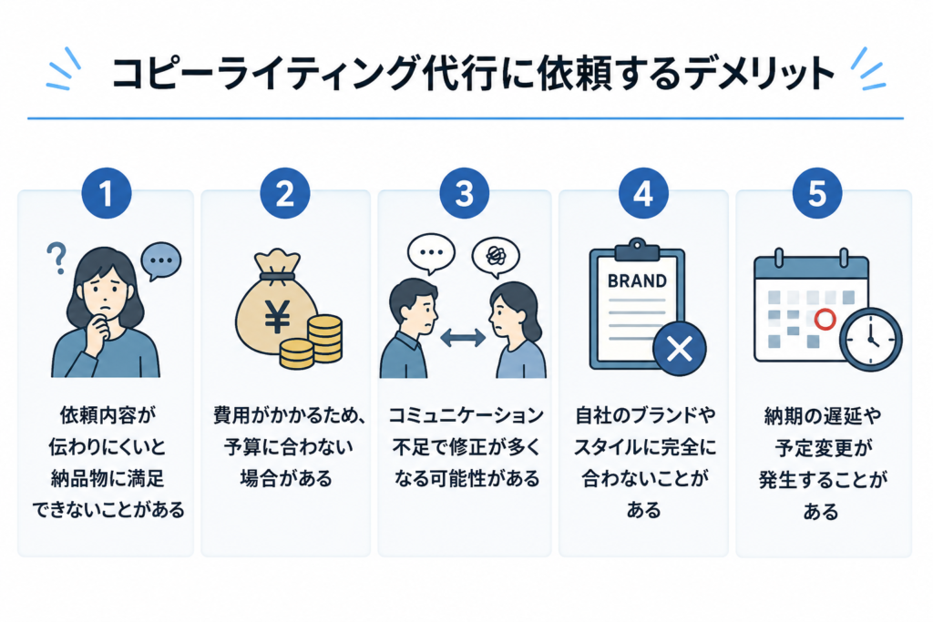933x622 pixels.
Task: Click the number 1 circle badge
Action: (107, 193)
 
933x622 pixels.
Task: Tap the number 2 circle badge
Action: (285, 193)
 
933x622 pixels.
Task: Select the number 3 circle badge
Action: (464, 193)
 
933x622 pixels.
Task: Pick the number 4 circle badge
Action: (643, 193)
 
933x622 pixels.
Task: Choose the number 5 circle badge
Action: (817, 193)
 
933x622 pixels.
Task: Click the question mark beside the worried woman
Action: (56, 258)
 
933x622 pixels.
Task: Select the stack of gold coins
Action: (313, 342)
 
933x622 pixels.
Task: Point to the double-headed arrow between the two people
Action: (462, 338)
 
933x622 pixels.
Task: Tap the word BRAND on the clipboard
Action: (637, 280)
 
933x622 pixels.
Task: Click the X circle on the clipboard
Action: (680, 349)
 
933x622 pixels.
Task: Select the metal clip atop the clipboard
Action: (637, 250)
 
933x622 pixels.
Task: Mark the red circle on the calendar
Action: (825, 320)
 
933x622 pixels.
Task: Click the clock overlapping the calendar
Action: (870, 340)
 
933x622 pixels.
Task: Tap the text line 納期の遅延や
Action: (823, 415)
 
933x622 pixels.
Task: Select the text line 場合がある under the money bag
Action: (285, 478)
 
